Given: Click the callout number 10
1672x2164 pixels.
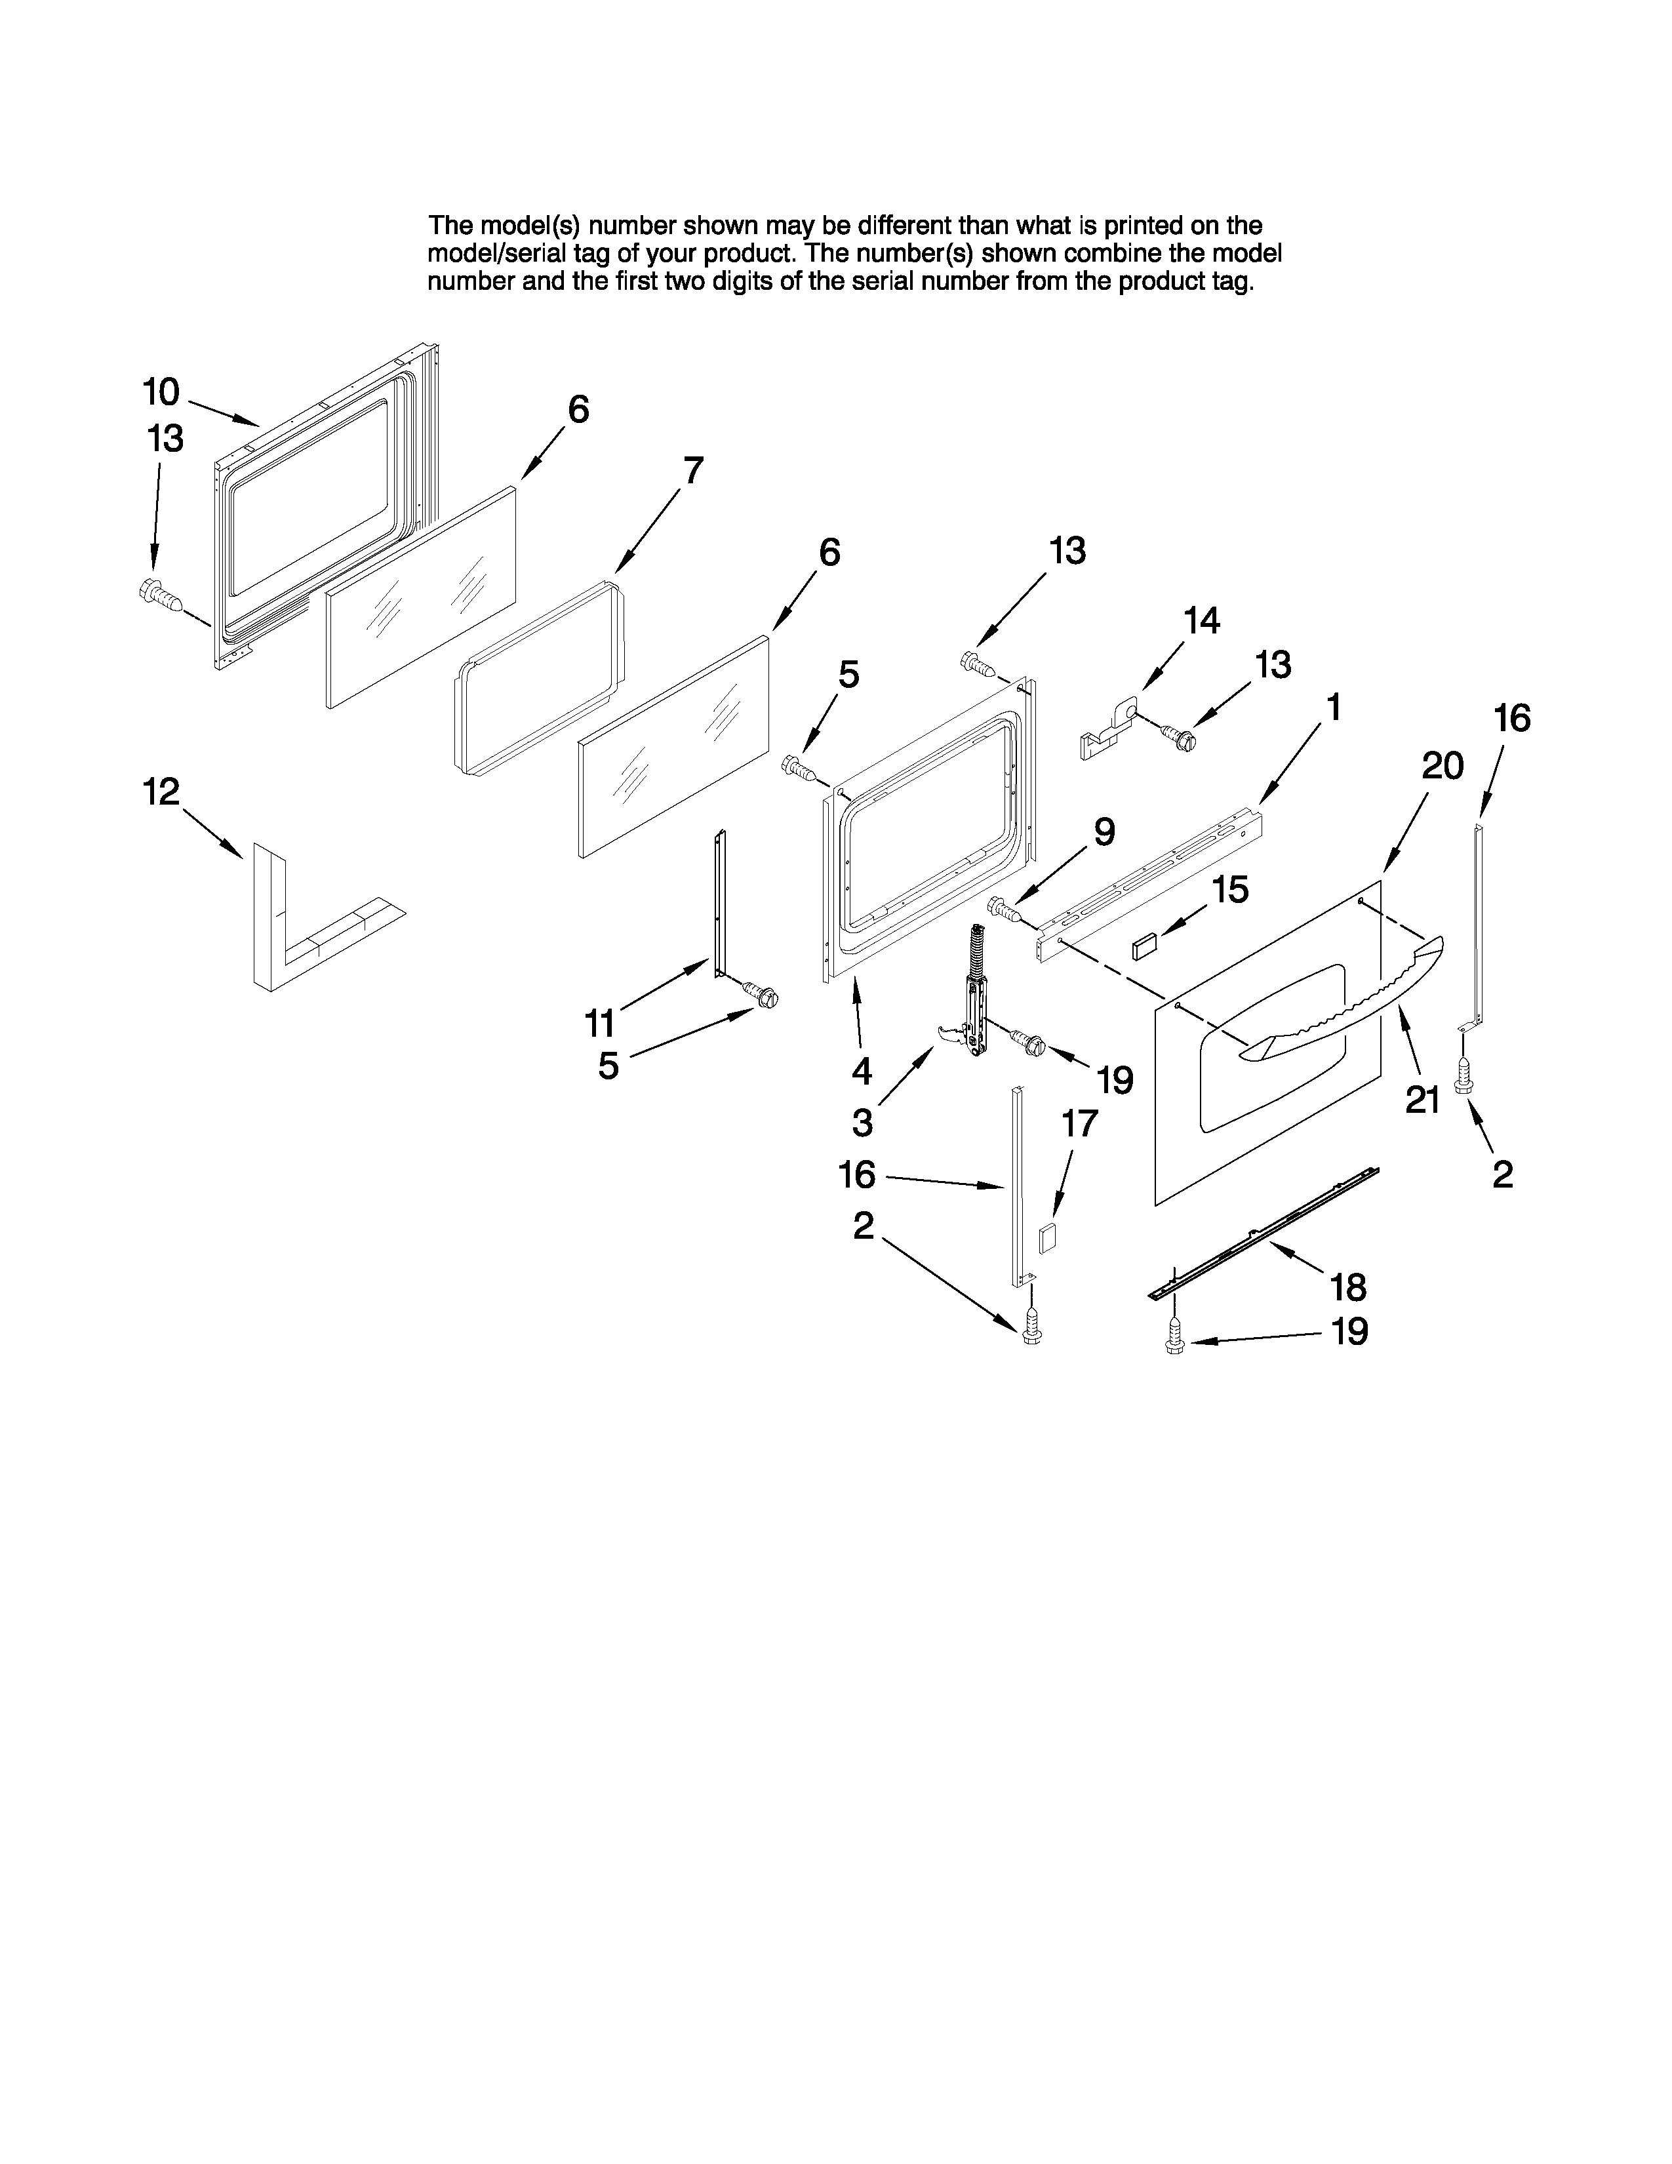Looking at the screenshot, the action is (x=161, y=392).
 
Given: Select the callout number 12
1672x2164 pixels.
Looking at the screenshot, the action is (x=161, y=791).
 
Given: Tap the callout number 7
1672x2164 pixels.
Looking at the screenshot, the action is (x=692, y=470).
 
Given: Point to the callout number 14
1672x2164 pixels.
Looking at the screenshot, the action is (x=1201, y=621).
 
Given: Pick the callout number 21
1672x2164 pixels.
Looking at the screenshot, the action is (x=1422, y=1100).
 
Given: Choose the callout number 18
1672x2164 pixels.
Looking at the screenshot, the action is (x=1348, y=1288).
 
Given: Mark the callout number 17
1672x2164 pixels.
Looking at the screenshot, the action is (x=1080, y=1123).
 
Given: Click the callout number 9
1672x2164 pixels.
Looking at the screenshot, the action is (x=1104, y=832).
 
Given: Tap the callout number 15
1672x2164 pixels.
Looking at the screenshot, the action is (x=1230, y=890).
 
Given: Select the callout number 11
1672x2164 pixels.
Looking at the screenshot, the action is (x=600, y=1022).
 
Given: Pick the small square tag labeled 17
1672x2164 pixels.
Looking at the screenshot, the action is (x=1046, y=1239).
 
